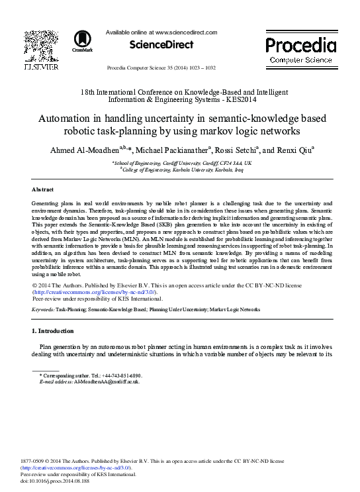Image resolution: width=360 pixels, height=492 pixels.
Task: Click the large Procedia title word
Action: [x=301, y=45]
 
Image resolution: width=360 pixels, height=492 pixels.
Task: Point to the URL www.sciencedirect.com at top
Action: [x=186, y=32]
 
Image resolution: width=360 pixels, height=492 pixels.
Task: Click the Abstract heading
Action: [x=43, y=189]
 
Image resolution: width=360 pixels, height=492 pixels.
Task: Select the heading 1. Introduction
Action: [x=53, y=330]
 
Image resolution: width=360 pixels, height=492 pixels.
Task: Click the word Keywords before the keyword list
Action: [x=42, y=309]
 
